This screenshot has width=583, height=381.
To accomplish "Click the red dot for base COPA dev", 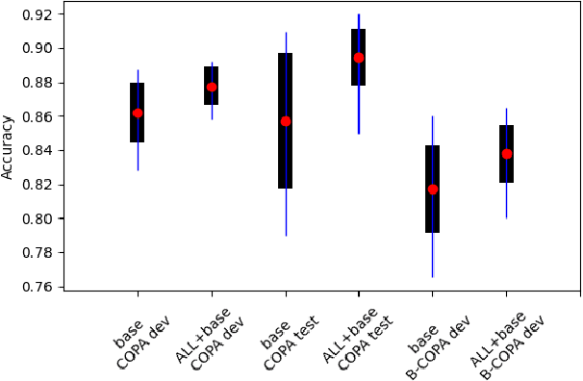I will tap(138, 113).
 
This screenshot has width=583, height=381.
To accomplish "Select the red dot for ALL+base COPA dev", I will tap(212, 88).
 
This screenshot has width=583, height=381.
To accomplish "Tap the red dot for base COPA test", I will tap(286, 121).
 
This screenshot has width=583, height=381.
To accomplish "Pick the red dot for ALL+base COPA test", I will tap(359, 58).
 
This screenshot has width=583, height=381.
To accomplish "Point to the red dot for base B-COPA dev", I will tap(433, 190).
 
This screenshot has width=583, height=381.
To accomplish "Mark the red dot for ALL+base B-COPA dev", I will tap(507, 154).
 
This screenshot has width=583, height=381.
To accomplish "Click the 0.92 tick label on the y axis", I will tap(40, 14).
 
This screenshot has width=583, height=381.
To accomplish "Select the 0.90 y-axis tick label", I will tap(40, 48).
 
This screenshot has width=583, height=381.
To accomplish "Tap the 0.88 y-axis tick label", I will tap(40, 83).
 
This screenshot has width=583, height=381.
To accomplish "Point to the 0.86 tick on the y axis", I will tap(40, 116).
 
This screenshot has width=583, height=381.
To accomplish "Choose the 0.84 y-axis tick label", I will tap(40, 150).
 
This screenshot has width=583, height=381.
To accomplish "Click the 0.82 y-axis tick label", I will tap(40, 185).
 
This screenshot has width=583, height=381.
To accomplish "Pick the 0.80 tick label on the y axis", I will tap(40, 218).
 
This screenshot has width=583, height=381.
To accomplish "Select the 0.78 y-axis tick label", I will tap(40, 253).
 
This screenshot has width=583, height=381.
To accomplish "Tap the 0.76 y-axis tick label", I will tap(40, 287).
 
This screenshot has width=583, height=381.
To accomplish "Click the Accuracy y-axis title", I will tap(9, 145).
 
